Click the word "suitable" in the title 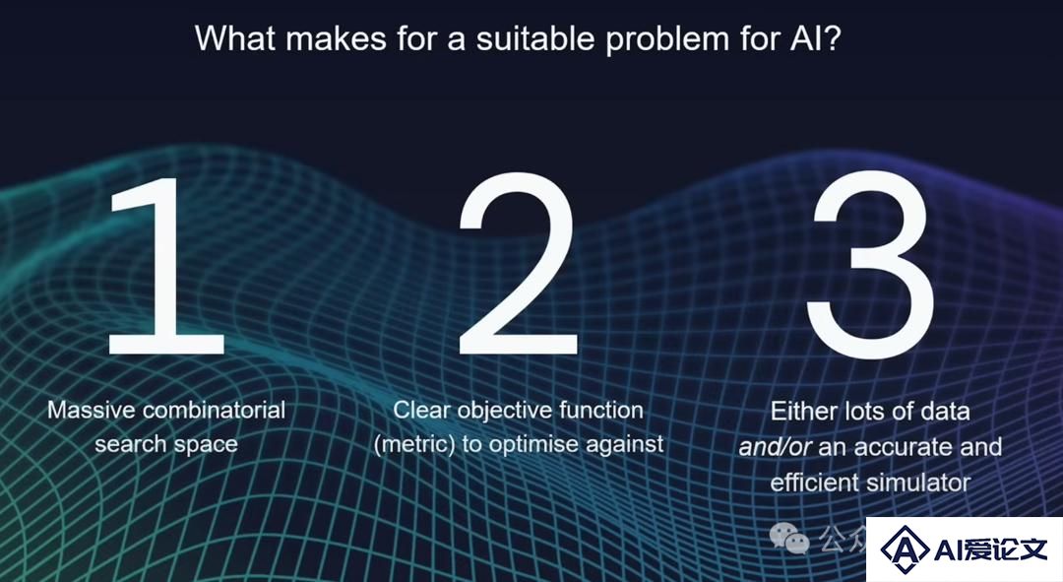pos(535,38)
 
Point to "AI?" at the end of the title pos(816,38)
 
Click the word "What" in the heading pos(234,38)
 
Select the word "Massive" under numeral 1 pos(92,410)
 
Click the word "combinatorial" pos(215,410)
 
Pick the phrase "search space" pos(166,444)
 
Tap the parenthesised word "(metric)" pos(414,444)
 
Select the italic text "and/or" pos(775,447)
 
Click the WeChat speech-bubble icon pos(789,538)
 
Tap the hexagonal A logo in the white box pos(905,549)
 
